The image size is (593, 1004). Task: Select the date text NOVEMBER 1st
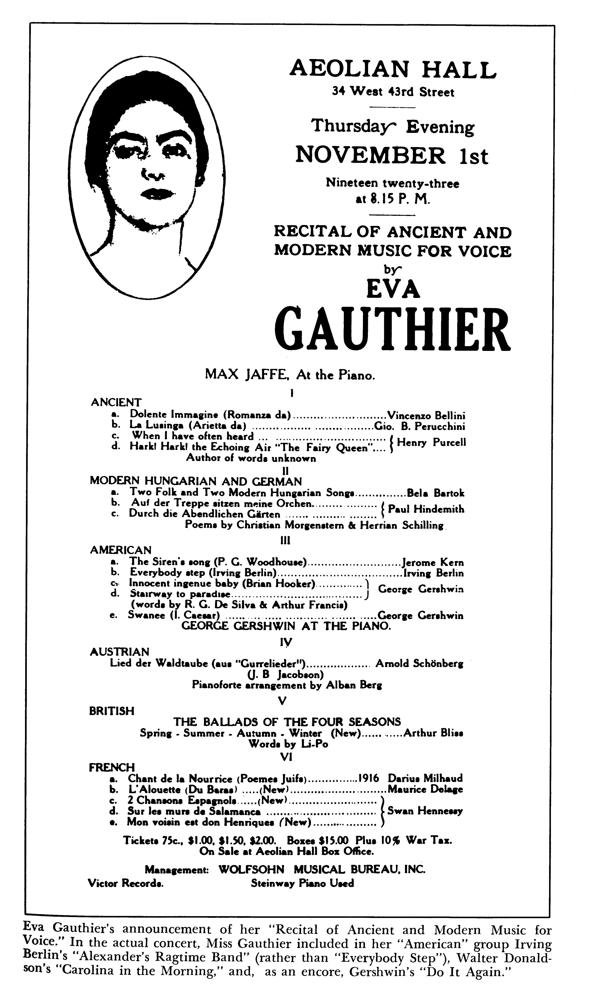tap(392, 156)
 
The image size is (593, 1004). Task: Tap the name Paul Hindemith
tap(426, 509)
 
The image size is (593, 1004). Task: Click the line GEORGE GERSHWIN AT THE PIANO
tap(286, 626)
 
